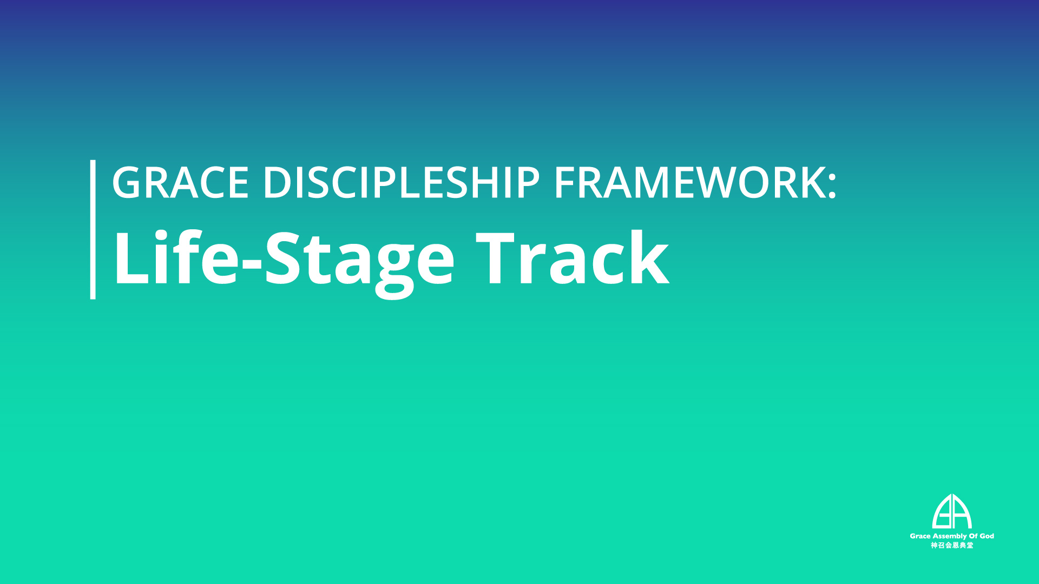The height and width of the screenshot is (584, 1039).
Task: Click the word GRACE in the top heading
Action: [180, 182]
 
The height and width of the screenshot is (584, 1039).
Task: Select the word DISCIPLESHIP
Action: [402, 182]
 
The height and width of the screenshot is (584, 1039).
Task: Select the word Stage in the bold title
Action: [359, 263]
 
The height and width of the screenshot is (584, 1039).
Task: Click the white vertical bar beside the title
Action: [93, 229]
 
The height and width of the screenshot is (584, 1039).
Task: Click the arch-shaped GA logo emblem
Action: [952, 512]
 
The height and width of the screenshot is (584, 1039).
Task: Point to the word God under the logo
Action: [987, 536]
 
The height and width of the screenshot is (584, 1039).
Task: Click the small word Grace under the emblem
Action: [920, 536]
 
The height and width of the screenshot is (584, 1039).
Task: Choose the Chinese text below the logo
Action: [952, 545]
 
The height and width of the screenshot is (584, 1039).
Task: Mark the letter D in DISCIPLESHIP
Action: [278, 182]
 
